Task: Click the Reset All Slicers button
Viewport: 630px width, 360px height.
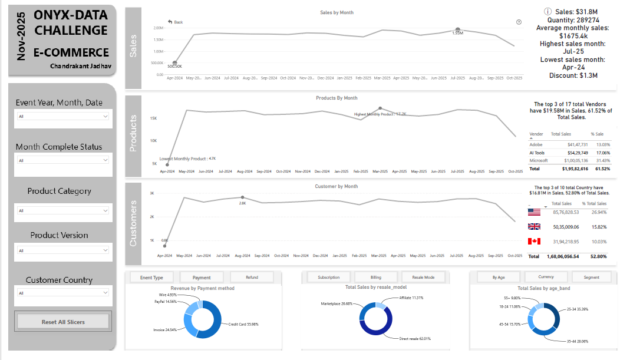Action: click(63, 321)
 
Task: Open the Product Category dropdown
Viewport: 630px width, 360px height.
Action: click(63, 210)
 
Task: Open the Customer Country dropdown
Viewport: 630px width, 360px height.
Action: click(63, 293)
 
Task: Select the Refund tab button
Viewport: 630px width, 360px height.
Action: click(252, 277)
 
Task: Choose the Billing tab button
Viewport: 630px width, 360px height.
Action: click(375, 277)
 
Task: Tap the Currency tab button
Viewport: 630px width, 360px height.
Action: click(546, 277)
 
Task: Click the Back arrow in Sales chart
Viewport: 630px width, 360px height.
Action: click(176, 22)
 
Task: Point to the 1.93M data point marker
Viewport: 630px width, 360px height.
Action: click(458, 29)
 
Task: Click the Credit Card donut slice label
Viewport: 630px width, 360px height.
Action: click(243, 324)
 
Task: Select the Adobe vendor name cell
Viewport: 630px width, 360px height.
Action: click(536, 144)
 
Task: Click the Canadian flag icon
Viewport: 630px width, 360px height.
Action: click(535, 242)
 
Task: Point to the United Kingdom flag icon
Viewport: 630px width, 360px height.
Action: click(535, 226)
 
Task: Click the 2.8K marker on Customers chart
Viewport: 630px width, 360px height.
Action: click(242, 197)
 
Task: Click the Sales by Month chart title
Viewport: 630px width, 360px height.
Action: click(337, 12)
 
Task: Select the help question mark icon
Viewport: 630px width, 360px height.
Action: click(519, 22)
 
